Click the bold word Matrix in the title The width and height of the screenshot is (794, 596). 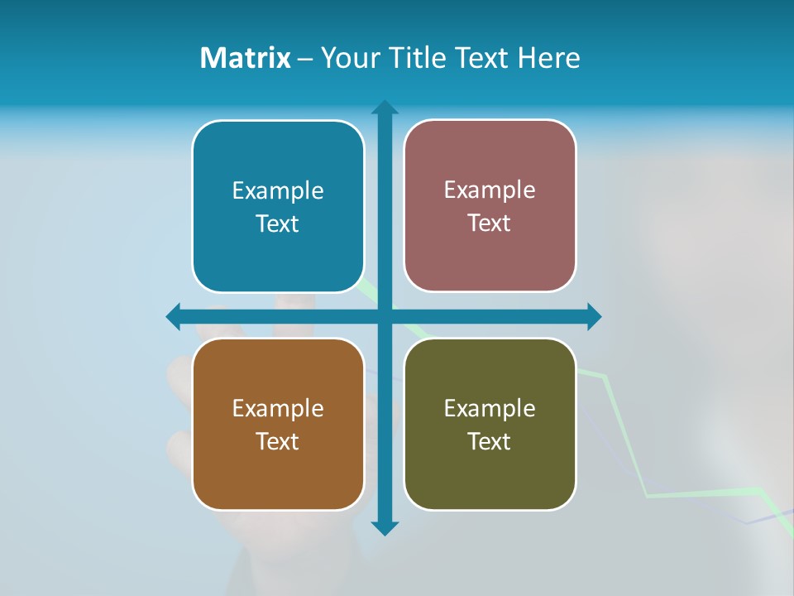coord(246,58)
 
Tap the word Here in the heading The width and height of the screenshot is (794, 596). coord(549,58)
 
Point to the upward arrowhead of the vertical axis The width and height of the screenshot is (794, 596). coord(385,108)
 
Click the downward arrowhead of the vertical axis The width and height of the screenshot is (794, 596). coord(385,527)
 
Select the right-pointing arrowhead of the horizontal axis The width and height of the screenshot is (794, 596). coord(593,316)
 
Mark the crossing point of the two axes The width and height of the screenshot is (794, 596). coord(385,316)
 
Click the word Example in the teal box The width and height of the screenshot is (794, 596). coord(278,191)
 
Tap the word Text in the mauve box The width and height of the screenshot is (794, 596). coord(490,223)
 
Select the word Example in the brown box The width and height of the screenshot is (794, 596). coord(278,409)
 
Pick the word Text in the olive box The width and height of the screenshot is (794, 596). coord(490,442)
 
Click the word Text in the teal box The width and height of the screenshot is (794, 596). coord(278,224)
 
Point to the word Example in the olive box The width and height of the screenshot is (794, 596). coord(490,409)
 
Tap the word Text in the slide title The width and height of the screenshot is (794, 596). coord(479,58)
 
